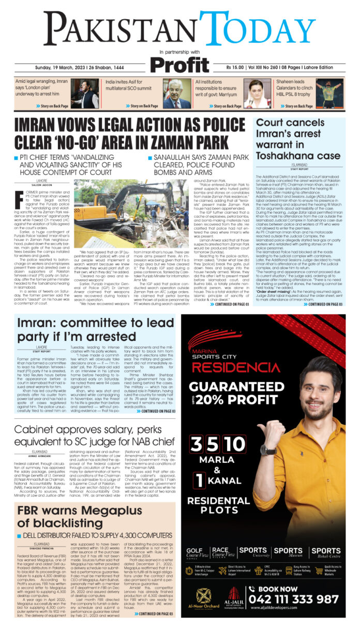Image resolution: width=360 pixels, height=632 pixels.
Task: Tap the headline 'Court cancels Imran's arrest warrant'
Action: pyautogui.click(x=298, y=138)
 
